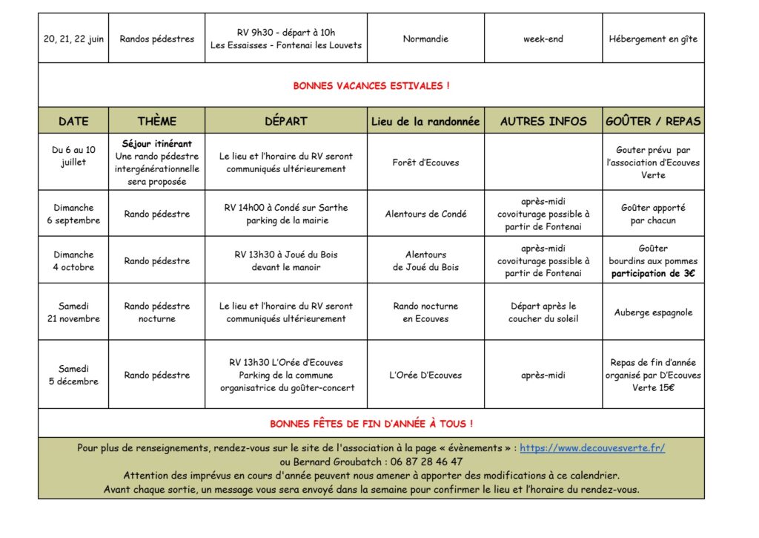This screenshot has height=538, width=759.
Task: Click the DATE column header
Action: pyautogui.click(x=73, y=121)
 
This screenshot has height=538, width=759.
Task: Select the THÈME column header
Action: pyautogui.click(x=157, y=121)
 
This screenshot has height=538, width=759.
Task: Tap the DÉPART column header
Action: pyautogui.click(x=286, y=121)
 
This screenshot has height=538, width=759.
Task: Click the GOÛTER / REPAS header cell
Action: pyautogui.click(x=653, y=121)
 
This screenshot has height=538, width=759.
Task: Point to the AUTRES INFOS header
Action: pyautogui.click(x=543, y=121)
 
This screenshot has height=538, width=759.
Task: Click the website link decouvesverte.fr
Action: pyautogui.click(x=592, y=448)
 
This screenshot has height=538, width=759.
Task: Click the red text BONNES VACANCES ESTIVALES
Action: pyautogui.click(x=371, y=86)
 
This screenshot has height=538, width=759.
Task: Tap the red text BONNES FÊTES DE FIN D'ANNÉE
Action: pyautogui.click(x=371, y=424)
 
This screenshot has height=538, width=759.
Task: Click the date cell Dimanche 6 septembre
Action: pyautogui.click(x=73, y=214)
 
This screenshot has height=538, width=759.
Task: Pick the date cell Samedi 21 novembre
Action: pyautogui.click(x=73, y=312)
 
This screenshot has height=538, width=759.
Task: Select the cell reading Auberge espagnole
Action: pyautogui.click(x=653, y=312)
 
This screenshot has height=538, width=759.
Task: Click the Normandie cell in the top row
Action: pyautogui.click(x=425, y=39)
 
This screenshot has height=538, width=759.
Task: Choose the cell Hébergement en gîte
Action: pyautogui.click(x=653, y=39)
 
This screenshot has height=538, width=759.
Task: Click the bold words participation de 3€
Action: pyautogui.click(x=653, y=274)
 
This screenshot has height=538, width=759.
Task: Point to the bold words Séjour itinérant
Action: pyautogui.click(x=157, y=144)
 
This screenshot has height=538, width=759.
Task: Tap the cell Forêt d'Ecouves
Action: pyautogui.click(x=425, y=163)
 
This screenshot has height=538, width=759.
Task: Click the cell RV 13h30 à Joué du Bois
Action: pyautogui.click(x=286, y=260)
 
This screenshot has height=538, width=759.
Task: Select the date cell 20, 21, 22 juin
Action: pyautogui.click(x=73, y=39)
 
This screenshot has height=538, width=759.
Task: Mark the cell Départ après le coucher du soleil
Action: pyautogui.click(x=543, y=312)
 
